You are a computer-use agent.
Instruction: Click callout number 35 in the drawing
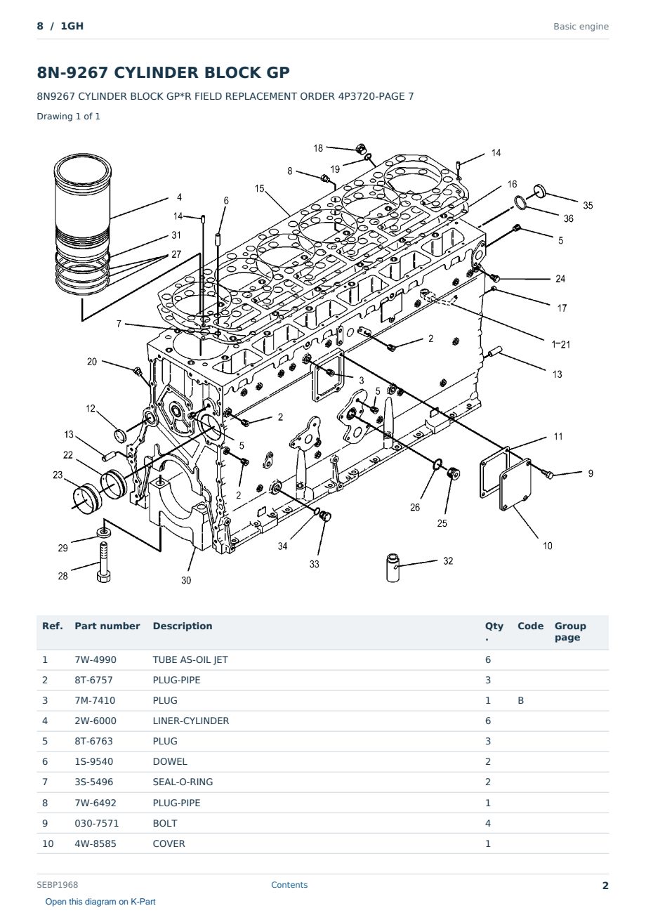coord(587,205)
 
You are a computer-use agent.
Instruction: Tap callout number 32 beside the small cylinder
coord(448,561)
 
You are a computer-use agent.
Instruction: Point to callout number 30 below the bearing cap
coord(186,580)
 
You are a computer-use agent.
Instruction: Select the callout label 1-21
coord(561,344)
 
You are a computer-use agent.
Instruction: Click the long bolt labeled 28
coord(103,562)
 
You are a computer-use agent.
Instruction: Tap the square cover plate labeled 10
coord(515,485)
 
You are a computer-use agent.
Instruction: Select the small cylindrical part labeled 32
coord(393,567)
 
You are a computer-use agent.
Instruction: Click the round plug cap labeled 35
coord(539,190)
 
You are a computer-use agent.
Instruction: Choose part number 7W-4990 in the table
coord(95,659)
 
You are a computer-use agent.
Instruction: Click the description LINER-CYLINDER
coord(191,721)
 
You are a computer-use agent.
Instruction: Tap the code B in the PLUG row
coord(520,700)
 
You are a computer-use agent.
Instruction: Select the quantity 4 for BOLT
coord(488,823)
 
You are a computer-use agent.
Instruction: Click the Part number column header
coord(107,626)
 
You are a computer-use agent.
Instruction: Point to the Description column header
coord(183,626)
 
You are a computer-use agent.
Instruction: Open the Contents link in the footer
coord(289,884)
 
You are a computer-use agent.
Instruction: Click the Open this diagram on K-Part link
coord(100,901)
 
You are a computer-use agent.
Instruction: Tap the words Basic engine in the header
coord(581,27)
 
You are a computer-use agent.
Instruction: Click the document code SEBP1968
coord(58,884)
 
